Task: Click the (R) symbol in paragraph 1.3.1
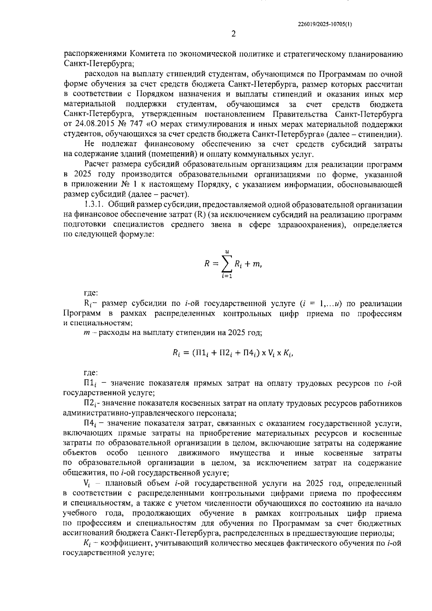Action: [x=199, y=215]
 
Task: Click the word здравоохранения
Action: [x=311, y=225]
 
